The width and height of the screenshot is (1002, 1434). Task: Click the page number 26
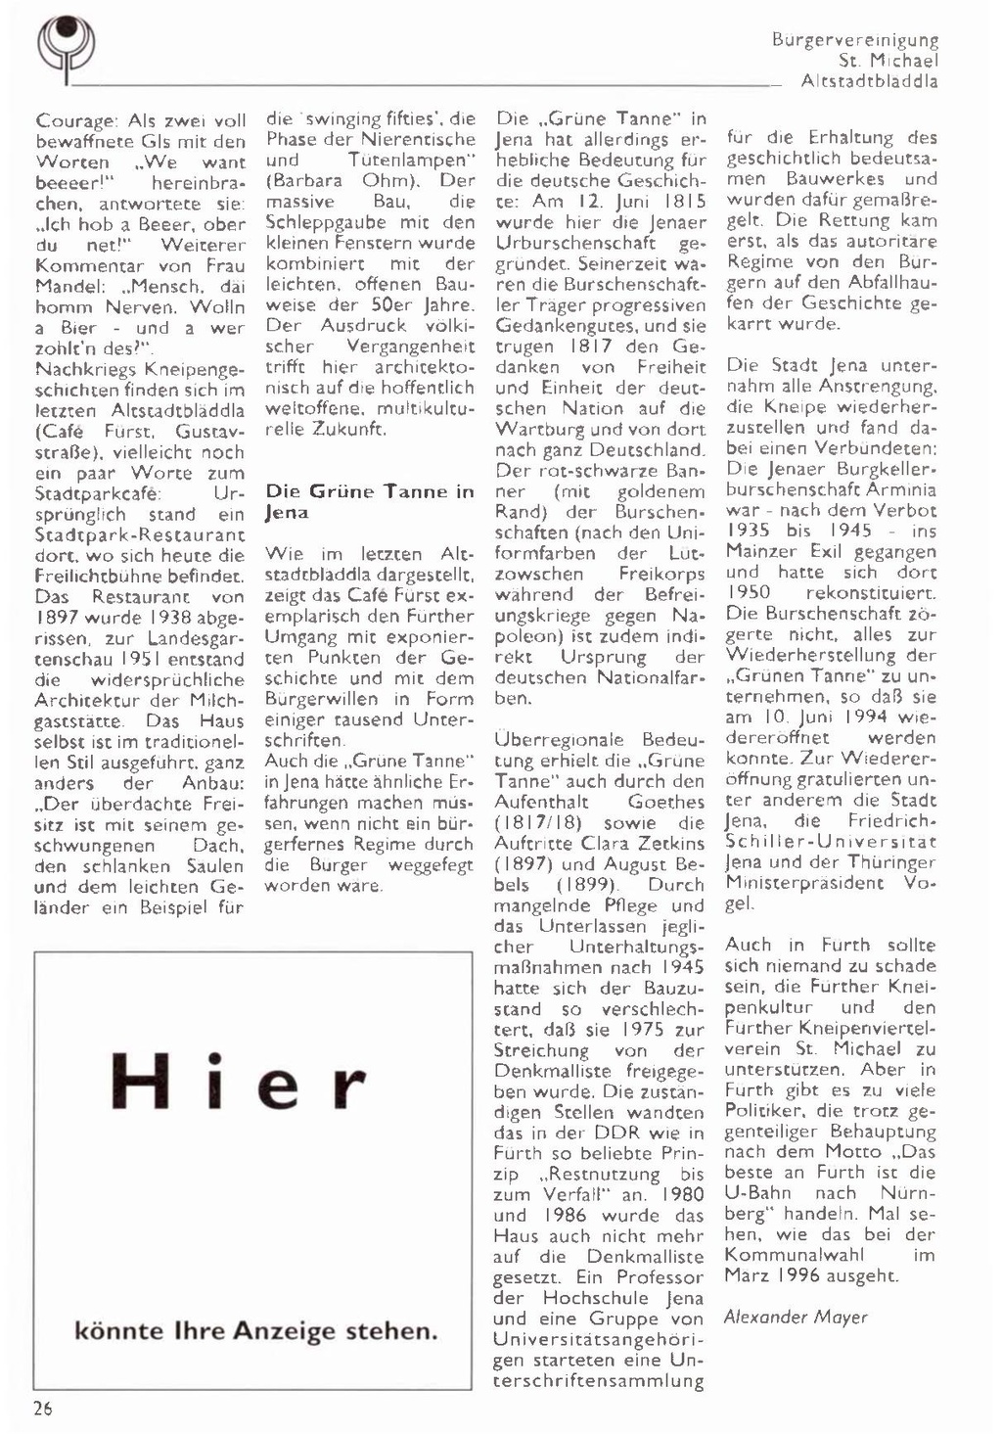tap(44, 1409)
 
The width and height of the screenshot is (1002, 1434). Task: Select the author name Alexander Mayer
tap(795, 1317)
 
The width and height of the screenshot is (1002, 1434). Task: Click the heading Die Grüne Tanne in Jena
tap(369, 501)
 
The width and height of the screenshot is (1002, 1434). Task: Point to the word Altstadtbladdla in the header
tap(869, 81)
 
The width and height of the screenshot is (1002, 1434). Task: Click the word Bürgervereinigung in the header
tap(854, 40)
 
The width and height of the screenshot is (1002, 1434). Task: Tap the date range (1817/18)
tap(541, 823)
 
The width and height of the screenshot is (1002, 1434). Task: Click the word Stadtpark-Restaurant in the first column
tap(140, 534)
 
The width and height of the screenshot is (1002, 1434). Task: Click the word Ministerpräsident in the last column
tap(803, 882)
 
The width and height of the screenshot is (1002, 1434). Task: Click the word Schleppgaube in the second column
tap(327, 222)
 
